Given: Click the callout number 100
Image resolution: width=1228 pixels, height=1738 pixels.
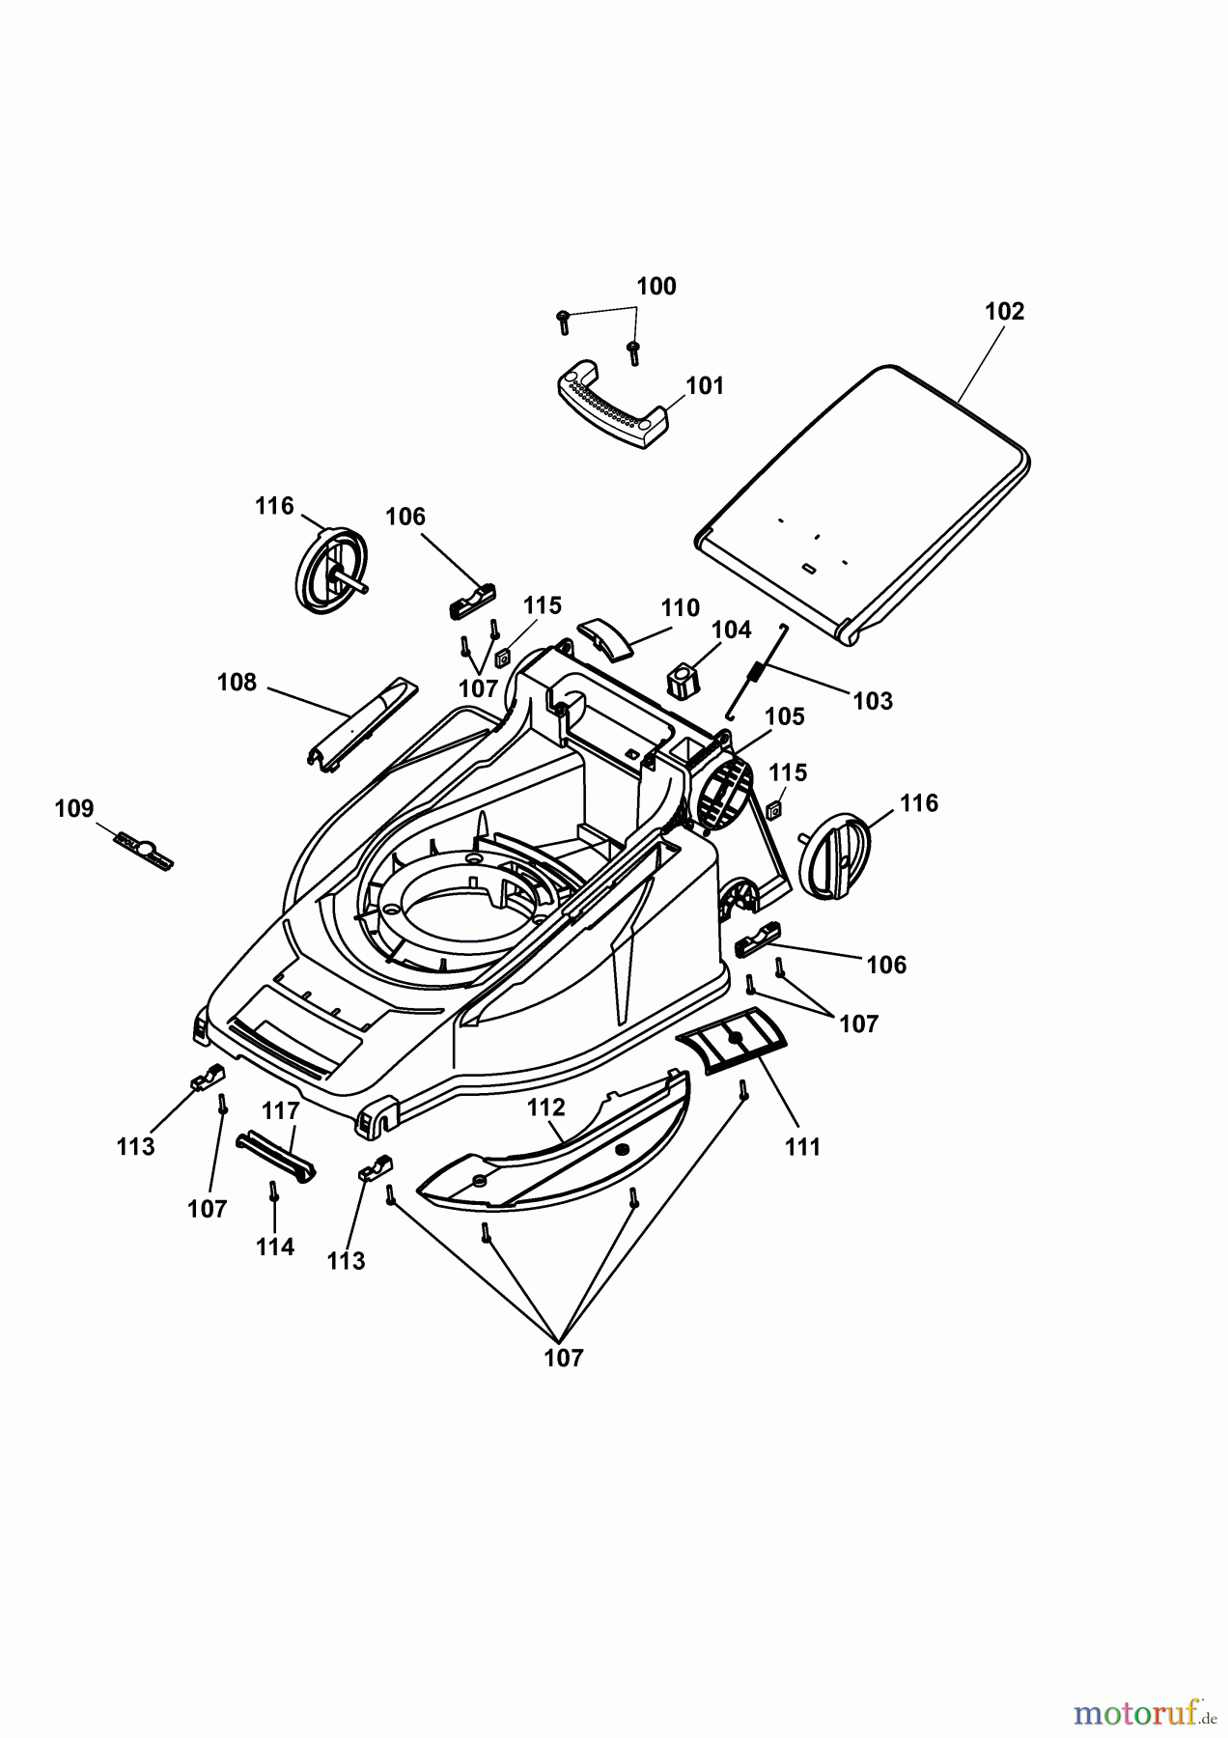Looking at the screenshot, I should pos(656,287).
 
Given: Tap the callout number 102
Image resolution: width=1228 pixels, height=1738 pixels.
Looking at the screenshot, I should pos(1004,312).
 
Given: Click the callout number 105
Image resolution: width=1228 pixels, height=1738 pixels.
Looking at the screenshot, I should pos(784,716).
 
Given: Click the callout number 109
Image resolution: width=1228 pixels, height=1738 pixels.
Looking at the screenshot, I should pos(74,808).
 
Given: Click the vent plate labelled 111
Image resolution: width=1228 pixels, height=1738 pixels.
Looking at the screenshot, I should pos(733,1041).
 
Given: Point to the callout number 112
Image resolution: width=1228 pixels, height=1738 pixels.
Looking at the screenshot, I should pos(545,1107).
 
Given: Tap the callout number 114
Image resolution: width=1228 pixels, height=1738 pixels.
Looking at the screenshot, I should pos(275,1247).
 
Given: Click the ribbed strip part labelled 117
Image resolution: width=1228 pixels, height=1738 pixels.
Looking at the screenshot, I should pos(276,1155).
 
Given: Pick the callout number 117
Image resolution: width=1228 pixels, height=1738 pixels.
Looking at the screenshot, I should pos(281,1111).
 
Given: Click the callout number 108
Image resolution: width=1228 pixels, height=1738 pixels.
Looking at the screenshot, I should pos(237,683).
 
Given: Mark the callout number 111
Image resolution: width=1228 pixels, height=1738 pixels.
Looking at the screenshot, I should pos(802,1147).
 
